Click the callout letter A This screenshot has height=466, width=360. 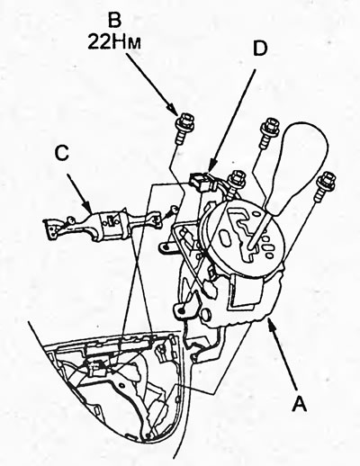click(300, 403)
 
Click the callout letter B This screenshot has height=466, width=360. click(114, 21)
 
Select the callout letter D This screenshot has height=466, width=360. click(260, 48)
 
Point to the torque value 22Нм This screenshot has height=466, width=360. click(114, 42)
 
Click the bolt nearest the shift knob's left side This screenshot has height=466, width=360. click(268, 132)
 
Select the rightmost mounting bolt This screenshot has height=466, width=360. click(324, 185)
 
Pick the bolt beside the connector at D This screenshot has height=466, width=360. click(236, 183)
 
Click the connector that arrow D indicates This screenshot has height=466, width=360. click(203, 181)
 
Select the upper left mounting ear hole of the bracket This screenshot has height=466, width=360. click(165, 247)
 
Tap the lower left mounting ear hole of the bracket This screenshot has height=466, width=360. click(181, 310)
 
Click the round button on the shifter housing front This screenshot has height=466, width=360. click(206, 314)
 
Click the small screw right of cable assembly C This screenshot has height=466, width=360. click(172, 211)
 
